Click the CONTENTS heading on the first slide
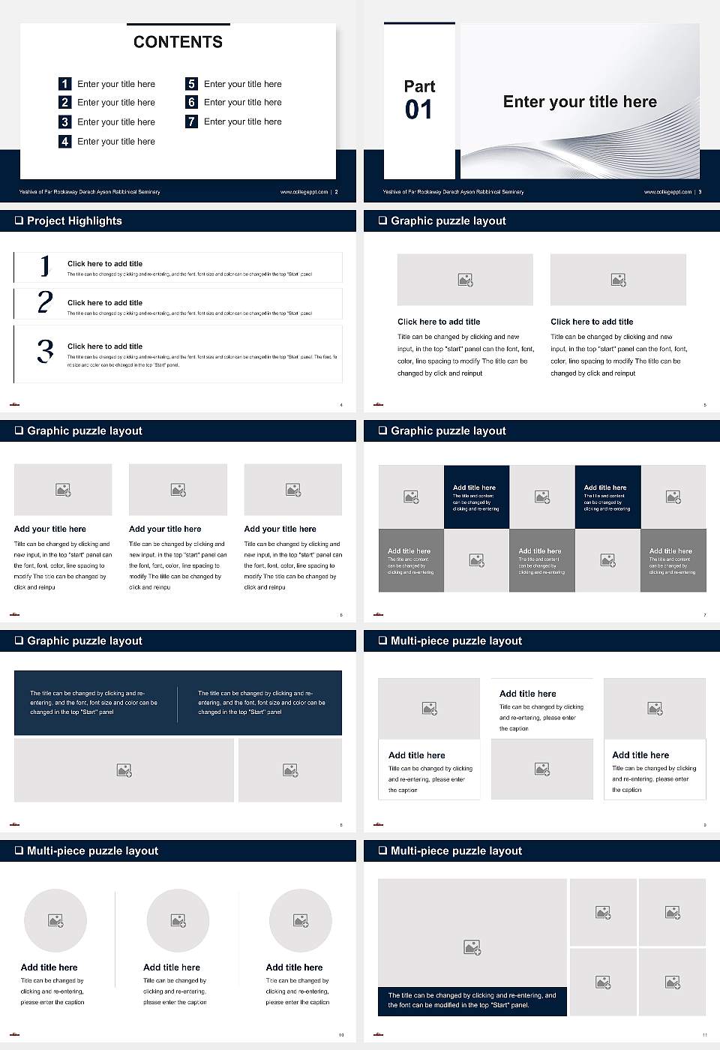coord(178,42)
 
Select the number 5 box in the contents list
coord(191,84)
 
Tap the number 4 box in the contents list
coord(65,141)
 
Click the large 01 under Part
coord(418,110)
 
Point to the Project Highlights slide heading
coord(74,220)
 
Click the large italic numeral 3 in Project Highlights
coord(45,351)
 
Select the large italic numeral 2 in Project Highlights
coord(45,302)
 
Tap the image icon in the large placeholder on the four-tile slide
coord(472,948)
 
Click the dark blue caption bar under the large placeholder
coord(472,1000)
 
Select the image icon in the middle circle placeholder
coord(178,920)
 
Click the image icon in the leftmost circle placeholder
coord(55,920)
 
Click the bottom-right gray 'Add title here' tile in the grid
coord(673,560)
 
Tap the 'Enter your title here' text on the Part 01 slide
coord(580,102)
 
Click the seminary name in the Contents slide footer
coord(89,192)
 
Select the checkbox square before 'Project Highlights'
coord(19,220)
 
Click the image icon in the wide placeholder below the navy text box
coord(124,770)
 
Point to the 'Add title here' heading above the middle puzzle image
coord(528,694)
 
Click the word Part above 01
coord(419,86)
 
